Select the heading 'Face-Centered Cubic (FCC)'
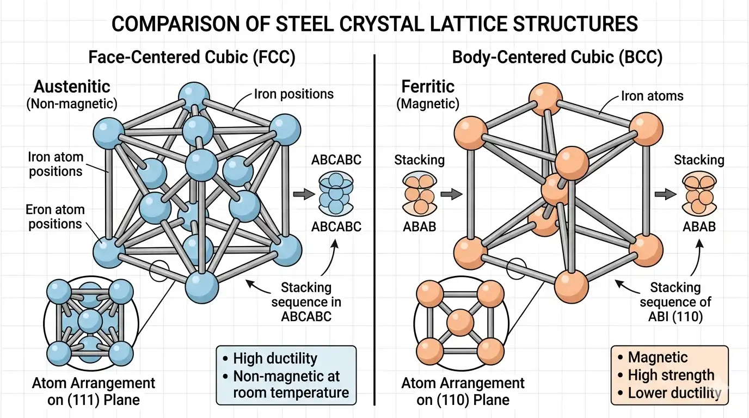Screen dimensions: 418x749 tap(192, 57)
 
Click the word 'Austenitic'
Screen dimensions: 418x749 tap(72, 86)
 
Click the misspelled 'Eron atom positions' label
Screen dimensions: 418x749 tap(55, 217)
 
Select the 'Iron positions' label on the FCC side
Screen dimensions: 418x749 tap(293, 94)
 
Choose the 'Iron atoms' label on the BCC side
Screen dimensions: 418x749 tap(652, 96)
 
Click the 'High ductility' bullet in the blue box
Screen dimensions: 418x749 tap(274, 359)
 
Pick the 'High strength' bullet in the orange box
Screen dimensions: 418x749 tap(671, 375)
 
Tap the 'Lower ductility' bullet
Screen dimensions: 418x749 tap(674, 393)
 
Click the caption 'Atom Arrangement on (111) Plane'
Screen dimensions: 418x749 tap(93, 391)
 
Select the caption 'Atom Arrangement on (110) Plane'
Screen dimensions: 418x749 tap(463, 391)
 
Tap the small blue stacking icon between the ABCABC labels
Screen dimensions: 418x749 tap(335, 193)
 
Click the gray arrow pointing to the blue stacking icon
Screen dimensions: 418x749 tap(300, 193)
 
